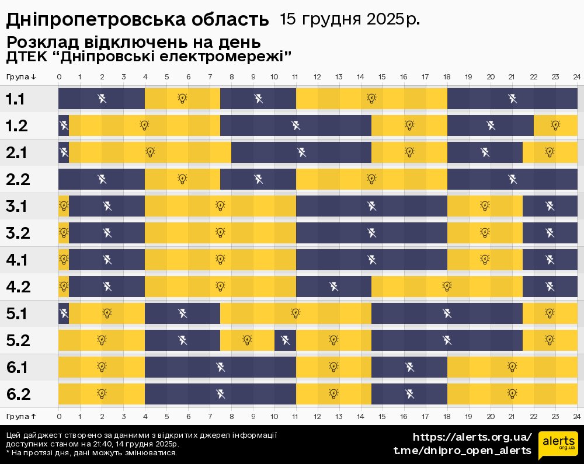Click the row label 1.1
15,99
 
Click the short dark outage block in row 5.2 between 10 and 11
285,340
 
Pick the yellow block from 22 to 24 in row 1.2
555,125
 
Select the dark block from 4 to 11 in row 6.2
220,394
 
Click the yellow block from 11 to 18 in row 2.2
371,179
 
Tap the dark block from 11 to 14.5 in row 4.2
333,287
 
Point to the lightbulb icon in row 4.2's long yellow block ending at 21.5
447,286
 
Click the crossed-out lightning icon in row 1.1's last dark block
512,99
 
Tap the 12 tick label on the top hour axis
317,77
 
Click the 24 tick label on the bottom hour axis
576,416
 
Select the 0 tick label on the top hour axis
59,77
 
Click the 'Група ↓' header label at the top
22,77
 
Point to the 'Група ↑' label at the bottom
22,416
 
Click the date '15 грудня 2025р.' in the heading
350,19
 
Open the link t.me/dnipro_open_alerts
463,450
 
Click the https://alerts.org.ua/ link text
472,437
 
